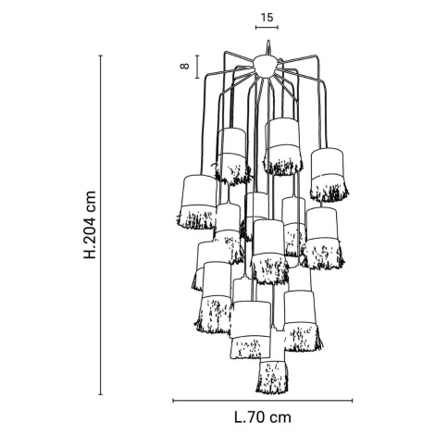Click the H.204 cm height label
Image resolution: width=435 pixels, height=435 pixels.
91,225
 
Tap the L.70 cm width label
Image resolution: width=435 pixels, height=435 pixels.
263,417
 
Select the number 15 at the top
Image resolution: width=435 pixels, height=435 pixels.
267,18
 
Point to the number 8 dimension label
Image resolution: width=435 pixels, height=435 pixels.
185,67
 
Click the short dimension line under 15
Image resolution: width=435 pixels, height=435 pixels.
267,28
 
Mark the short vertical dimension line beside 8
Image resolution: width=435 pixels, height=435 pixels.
197,67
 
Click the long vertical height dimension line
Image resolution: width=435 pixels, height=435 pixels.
100,225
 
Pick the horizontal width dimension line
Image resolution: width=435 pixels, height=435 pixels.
263,401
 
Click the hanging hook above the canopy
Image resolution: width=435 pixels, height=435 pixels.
268,48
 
